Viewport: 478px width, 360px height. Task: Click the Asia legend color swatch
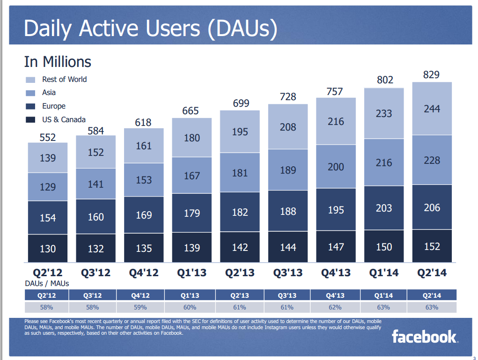click(x=30, y=93)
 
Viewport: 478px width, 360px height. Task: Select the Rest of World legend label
click(x=64, y=79)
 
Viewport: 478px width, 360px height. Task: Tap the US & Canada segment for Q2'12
click(x=48, y=248)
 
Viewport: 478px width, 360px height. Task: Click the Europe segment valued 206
click(x=432, y=207)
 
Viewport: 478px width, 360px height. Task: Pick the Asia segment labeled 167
click(x=192, y=175)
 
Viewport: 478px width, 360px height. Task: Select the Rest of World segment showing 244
click(x=432, y=109)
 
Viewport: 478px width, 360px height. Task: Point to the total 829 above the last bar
click(x=431, y=75)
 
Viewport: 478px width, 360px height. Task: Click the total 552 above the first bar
click(x=48, y=138)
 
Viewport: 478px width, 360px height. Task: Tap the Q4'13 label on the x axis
click(x=336, y=272)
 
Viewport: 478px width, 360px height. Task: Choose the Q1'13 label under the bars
click(x=192, y=272)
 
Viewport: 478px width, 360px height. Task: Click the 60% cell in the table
click(x=190, y=307)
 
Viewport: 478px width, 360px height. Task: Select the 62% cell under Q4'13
click(x=335, y=307)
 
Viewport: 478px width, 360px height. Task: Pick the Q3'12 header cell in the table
click(x=92, y=295)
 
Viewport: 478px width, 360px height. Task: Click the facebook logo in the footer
click(x=425, y=337)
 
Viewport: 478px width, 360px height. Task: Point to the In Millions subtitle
click(x=58, y=62)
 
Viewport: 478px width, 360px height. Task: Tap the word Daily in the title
click(x=47, y=29)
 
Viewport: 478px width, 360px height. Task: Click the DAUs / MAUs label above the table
click(x=47, y=284)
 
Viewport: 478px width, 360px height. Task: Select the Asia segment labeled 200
click(x=336, y=167)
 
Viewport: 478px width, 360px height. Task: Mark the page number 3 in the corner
click(x=474, y=358)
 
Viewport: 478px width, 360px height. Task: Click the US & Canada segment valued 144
click(x=288, y=247)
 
